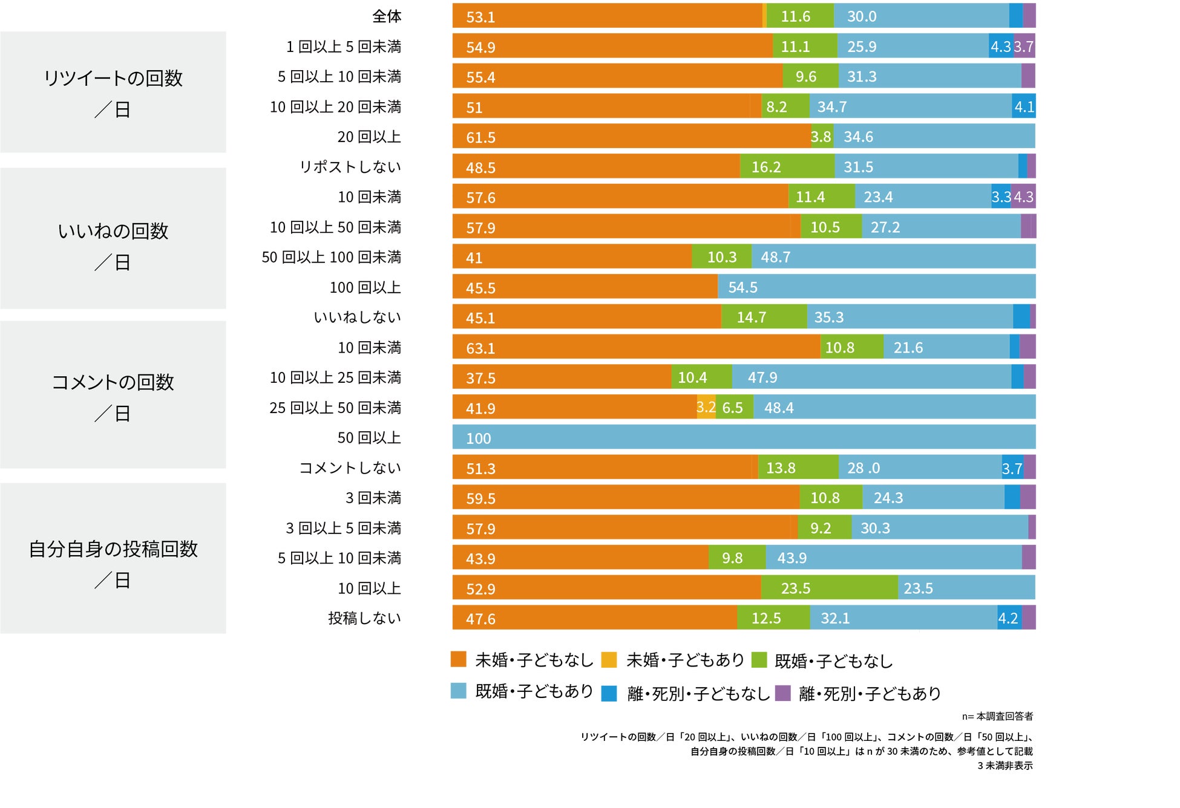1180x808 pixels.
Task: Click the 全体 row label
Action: coord(386,16)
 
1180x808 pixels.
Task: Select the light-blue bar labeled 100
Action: coord(744,437)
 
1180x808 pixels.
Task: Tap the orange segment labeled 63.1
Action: coord(635,348)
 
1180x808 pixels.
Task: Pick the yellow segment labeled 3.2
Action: coord(706,408)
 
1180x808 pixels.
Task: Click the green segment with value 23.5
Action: coord(829,588)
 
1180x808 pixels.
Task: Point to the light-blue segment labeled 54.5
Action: coord(876,287)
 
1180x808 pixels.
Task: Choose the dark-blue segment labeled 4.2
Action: coord(1009,618)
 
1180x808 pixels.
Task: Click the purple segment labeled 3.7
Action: coord(1024,47)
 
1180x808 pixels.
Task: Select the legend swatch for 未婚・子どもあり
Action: coord(609,660)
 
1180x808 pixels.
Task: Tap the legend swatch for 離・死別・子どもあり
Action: coord(783,693)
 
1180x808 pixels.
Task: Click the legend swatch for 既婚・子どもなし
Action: coord(759,660)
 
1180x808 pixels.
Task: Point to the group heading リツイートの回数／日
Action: coord(113,93)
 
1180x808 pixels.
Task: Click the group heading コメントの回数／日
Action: coord(113,397)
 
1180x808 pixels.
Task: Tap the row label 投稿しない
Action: coord(364,618)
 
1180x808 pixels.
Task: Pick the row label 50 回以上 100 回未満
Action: coord(331,257)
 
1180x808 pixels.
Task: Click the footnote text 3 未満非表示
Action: coord(1005,766)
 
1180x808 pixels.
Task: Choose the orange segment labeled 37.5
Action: coord(562,377)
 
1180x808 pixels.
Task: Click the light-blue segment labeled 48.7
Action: coord(893,257)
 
